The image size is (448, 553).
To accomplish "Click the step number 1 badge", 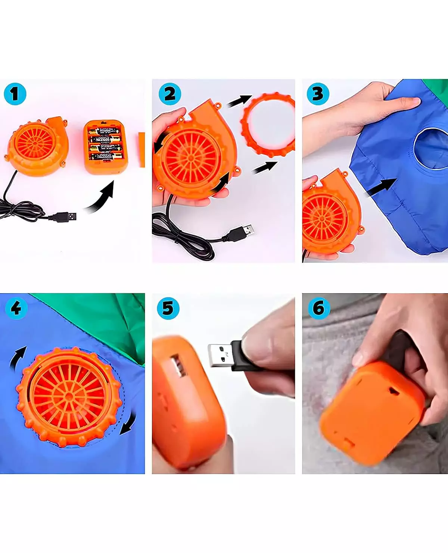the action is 15,94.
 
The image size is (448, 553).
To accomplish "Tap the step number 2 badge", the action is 170,94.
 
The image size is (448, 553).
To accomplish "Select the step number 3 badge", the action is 318,94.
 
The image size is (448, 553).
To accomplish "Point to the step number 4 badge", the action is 16,308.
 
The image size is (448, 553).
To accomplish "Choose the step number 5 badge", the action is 168,308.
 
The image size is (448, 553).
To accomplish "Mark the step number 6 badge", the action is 319,308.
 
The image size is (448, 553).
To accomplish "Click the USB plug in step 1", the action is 66,216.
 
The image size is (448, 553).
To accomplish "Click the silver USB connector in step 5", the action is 220,356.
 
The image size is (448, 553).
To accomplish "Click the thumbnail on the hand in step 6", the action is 358,359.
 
